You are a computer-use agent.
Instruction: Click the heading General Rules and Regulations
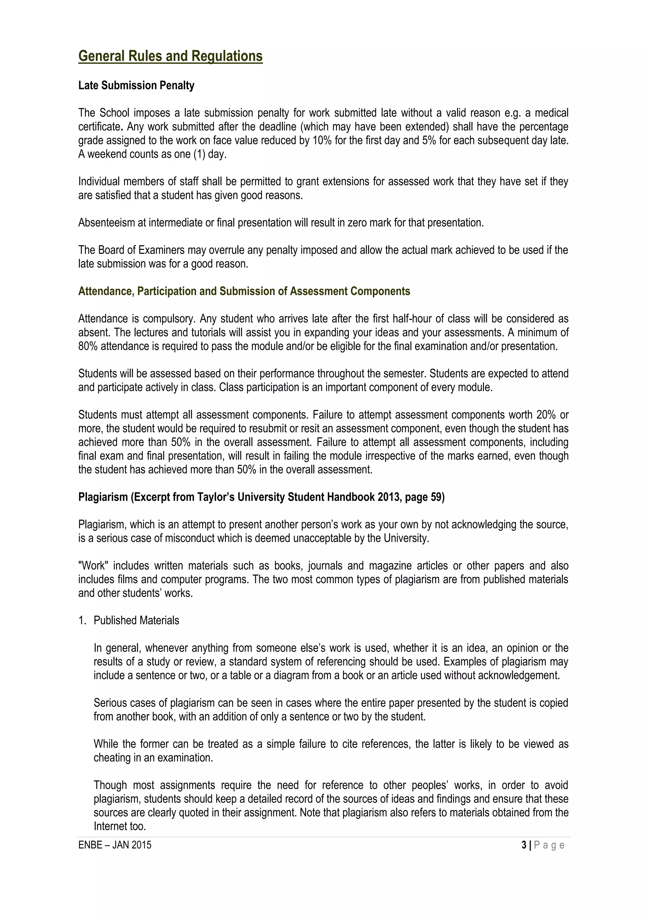point(170,56)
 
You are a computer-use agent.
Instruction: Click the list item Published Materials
point(136,620)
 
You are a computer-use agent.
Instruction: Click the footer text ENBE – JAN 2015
point(115,845)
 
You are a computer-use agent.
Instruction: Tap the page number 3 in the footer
point(523,845)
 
